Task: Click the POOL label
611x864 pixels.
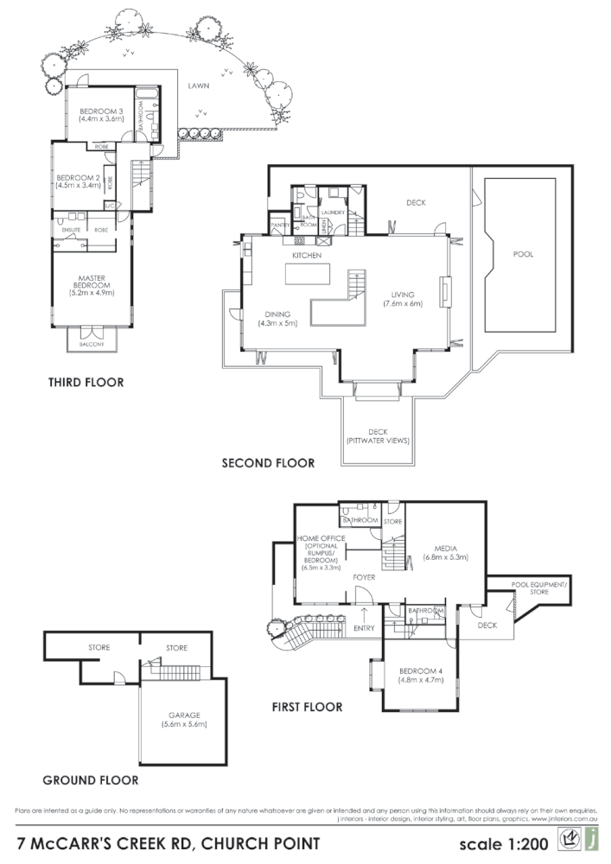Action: click(x=523, y=255)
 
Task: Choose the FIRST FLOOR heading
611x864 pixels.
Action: click(x=307, y=707)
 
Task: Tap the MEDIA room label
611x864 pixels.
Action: click(x=444, y=552)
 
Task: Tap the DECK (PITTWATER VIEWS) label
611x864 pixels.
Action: click(x=377, y=436)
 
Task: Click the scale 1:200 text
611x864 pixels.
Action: click(x=505, y=840)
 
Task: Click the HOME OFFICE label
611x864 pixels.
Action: click(x=320, y=553)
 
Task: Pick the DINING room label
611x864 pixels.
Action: click(x=277, y=318)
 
